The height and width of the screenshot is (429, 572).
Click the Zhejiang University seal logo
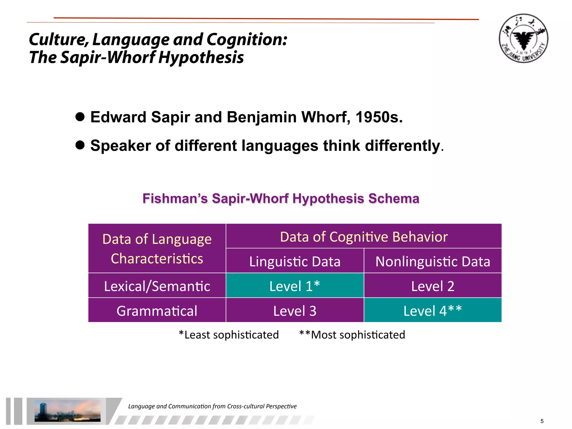coord(523,39)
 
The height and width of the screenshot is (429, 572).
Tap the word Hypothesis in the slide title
coord(201,58)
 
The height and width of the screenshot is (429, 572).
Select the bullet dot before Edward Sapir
coord(80,117)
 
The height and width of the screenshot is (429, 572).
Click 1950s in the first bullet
coord(379,117)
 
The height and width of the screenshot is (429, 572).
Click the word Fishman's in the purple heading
coord(175,199)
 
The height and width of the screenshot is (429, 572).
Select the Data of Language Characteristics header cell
coord(157,249)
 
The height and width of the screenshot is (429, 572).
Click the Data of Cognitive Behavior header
coord(364,237)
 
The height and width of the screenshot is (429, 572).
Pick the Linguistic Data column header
coord(295,261)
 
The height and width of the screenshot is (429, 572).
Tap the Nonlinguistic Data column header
coord(433,261)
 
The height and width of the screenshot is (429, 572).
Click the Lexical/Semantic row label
coord(157,286)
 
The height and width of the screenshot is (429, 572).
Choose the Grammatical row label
coord(157,311)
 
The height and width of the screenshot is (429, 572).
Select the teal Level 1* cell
coord(295,286)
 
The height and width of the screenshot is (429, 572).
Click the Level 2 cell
coord(433,286)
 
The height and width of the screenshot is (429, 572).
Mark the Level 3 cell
coord(295,311)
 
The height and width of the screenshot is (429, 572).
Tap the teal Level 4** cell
coord(433,311)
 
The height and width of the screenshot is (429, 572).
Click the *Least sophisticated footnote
coord(229,335)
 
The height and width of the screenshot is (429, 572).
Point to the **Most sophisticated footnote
coord(352,335)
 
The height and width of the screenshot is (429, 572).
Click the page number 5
coord(542,421)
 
